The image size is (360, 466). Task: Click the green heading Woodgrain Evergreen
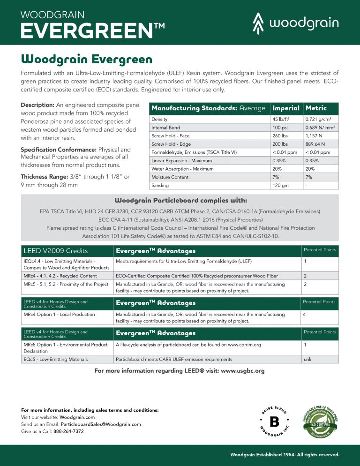(86, 60)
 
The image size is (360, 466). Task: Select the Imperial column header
(286, 108)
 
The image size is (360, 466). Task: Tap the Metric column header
(316, 108)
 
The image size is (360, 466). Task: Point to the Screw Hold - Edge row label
(171, 144)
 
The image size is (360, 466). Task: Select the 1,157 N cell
(315, 136)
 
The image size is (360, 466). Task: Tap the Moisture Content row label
(170, 177)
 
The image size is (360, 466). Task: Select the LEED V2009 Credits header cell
(55, 251)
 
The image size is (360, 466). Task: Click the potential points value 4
(305, 314)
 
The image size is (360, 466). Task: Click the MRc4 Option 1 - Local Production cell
(59, 314)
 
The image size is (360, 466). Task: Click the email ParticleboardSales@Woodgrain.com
(101, 424)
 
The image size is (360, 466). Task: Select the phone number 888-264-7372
(68, 431)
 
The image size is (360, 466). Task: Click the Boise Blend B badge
(274, 421)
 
